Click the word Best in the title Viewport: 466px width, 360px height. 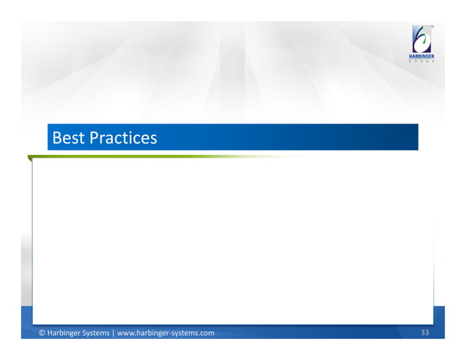68,137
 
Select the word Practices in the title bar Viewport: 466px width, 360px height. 123,137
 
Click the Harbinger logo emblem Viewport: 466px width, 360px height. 422,39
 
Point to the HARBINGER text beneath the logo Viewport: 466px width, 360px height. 422,56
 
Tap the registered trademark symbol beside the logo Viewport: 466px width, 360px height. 433,27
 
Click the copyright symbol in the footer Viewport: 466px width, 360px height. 42,333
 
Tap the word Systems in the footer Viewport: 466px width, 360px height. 97,333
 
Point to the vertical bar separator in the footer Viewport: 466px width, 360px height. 113,333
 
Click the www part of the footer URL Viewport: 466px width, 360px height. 125,333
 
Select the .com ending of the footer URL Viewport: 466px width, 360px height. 206,333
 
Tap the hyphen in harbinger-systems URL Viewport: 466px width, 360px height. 169,334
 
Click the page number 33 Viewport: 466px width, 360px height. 425,333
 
